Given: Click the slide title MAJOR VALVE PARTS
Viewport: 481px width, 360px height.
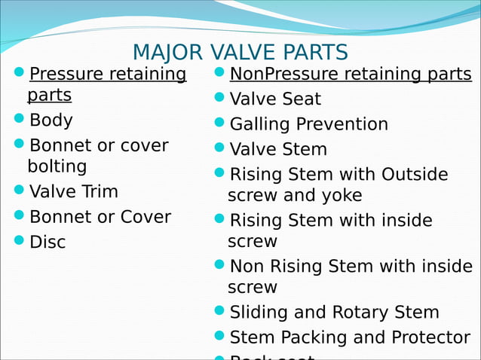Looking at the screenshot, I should (x=240, y=53).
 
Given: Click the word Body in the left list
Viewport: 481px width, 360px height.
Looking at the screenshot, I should (x=51, y=120).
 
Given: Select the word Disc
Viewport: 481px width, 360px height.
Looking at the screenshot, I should (x=47, y=242).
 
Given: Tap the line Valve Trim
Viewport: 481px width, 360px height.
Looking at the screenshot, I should (x=74, y=191).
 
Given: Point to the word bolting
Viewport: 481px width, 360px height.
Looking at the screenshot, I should (x=57, y=166).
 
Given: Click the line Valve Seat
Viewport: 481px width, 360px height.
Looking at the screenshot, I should (x=275, y=99).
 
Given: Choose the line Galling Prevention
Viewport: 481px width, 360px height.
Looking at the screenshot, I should (x=308, y=124).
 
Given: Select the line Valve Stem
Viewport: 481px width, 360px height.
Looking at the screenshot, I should (x=278, y=149).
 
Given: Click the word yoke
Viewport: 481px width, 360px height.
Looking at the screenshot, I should (x=342, y=196).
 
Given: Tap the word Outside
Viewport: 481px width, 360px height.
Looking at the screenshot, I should (x=415, y=175).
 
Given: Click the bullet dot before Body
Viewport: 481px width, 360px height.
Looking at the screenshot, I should (x=20, y=119).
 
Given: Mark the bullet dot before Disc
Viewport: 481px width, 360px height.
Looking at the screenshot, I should (x=20, y=241).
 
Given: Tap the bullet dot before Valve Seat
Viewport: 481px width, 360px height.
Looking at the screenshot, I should (x=219, y=98).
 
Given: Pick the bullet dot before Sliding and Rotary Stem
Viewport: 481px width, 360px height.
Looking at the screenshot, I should (x=219, y=311).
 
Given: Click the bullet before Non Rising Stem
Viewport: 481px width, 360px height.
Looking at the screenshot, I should (x=219, y=265).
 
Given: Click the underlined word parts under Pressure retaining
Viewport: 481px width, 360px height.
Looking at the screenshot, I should (x=50, y=96).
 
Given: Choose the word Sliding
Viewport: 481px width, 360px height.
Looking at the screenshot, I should (x=259, y=313).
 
